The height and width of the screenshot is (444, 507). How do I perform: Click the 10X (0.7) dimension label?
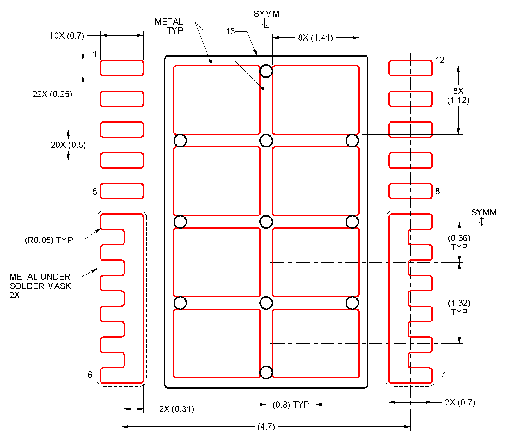coord(67,36)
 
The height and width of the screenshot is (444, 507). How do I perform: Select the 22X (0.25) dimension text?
coord(52,94)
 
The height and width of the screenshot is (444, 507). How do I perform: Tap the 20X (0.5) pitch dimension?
coord(68,145)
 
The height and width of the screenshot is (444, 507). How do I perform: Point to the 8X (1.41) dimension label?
coord(316,37)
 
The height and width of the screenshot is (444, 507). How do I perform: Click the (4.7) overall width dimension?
coord(266,426)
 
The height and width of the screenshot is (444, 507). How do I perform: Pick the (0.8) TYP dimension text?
coord(291,405)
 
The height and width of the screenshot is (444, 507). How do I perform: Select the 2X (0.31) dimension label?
coord(176,409)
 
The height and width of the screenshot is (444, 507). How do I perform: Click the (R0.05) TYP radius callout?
coord(49,240)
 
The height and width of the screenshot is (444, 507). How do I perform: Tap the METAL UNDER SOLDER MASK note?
coord(40,286)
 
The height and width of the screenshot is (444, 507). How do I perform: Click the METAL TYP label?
coord(169,26)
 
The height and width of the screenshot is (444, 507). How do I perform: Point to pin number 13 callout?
coord(230,31)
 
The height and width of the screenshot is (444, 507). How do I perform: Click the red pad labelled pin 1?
coord(122,68)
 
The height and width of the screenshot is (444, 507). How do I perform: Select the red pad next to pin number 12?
coord(410,68)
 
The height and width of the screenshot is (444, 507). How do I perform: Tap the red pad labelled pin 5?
coord(122,191)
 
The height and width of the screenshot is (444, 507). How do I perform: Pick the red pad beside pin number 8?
coord(410,191)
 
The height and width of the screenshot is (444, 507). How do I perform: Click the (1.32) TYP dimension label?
coord(459,307)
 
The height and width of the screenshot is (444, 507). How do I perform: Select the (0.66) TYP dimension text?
coord(459,242)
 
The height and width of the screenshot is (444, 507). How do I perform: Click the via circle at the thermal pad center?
coord(266,222)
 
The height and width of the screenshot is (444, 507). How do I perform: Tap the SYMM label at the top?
coord(266,14)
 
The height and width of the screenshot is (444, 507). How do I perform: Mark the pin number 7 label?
coord(443,374)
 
